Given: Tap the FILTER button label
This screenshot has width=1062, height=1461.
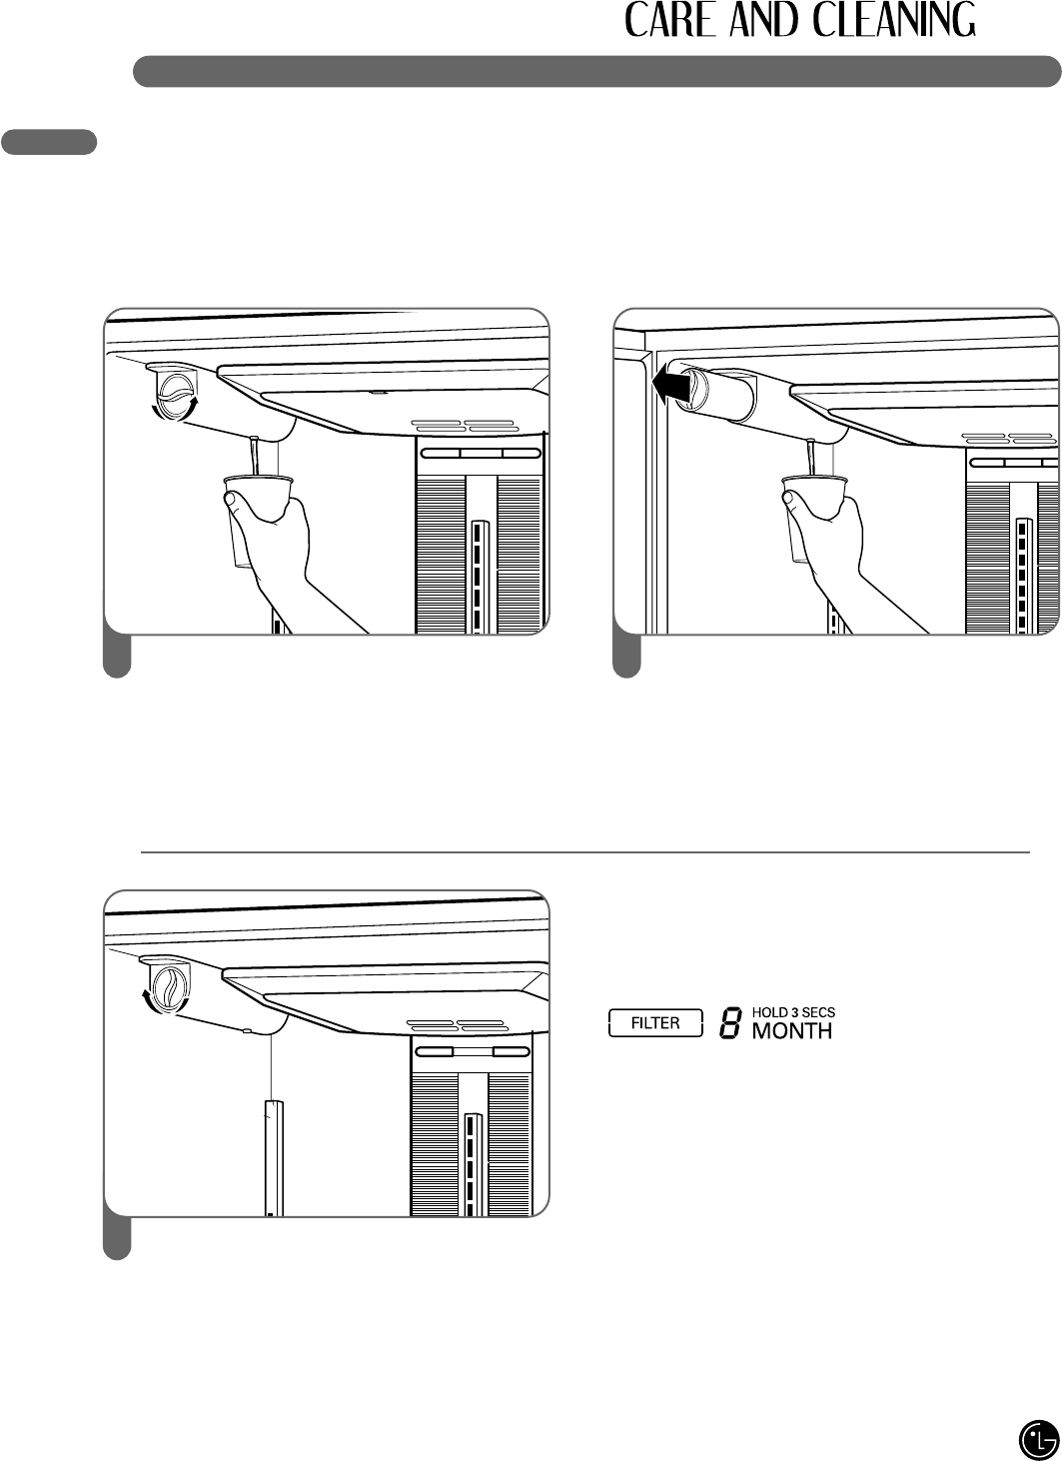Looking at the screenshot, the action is coord(655,1023).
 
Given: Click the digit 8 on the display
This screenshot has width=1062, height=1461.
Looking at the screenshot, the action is coord(729,1023).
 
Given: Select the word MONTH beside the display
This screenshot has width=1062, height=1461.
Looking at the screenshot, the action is coord(791,1030).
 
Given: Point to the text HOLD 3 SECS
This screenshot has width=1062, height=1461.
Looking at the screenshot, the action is coord(793,1011).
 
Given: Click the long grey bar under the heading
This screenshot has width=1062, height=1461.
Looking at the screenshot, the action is coord(596,72).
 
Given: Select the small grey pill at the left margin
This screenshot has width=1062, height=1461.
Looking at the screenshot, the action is coord(49,142).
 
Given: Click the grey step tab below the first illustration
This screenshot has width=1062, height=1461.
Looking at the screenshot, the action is coord(118,658).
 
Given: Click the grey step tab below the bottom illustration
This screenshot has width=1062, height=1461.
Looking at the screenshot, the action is coord(118,1240).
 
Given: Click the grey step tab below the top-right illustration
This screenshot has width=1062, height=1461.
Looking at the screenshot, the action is coord(626,658).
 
